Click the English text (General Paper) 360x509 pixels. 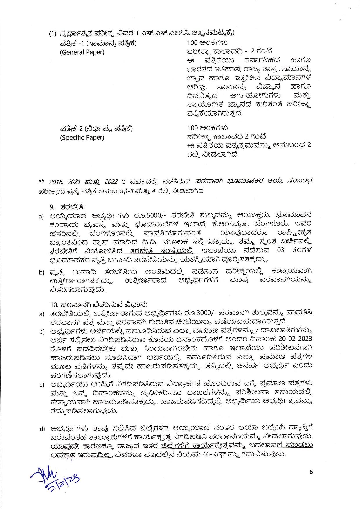coord(82,52)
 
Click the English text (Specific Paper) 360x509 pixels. coord(82,137)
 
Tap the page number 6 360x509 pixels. coord(311,472)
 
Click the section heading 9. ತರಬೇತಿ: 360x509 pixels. coord(67,207)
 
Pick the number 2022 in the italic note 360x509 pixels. coord(109,182)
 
